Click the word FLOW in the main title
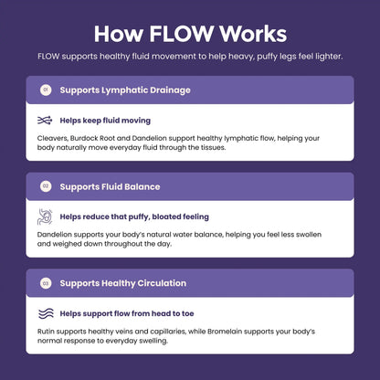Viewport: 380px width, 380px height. pos(182,34)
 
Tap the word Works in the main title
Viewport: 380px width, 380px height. pos(253,34)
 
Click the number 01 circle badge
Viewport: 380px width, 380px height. pos(46,90)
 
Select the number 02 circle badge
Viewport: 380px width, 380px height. pos(46,186)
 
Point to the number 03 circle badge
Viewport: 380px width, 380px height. pos(46,283)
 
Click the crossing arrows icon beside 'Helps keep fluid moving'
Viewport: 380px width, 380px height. pos(45,121)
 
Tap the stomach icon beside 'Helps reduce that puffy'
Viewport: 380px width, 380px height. pos(45,216)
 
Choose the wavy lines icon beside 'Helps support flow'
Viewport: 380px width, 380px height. pos(46,313)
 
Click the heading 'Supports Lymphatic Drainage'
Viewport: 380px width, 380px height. pos(125,90)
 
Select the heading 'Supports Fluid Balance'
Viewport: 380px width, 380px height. pos(110,186)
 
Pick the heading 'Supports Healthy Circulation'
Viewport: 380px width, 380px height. pos(123,283)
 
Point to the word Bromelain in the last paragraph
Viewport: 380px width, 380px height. pos(225,332)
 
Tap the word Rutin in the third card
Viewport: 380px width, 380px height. pos(46,332)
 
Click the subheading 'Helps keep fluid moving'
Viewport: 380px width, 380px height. pos(105,121)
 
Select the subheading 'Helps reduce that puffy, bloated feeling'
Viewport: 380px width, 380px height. pos(134,216)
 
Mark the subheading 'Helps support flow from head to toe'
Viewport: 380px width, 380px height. pos(127,313)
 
